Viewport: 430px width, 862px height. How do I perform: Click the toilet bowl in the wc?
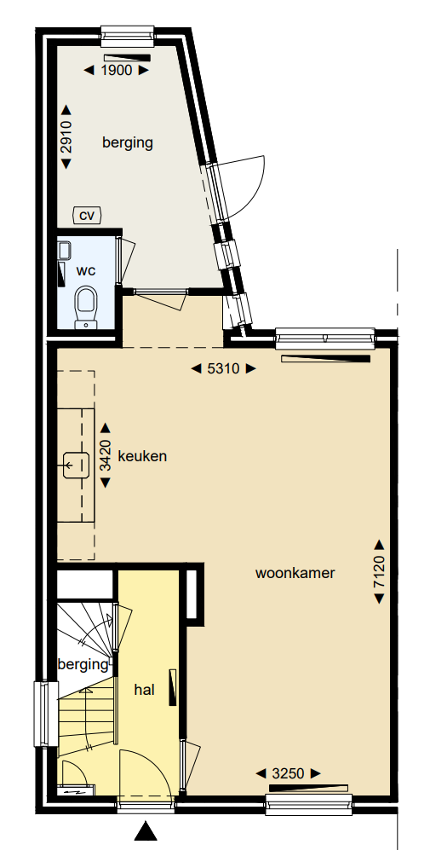click(x=86, y=304)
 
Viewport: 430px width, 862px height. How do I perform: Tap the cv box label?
click(x=86, y=215)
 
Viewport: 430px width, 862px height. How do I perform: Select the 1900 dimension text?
click(x=117, y=71)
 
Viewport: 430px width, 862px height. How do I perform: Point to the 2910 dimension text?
click(x=67, y=136)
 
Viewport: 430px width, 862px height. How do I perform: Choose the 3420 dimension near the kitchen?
click(x=106, y=456)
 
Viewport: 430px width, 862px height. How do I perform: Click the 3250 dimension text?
click(x=289, y=773)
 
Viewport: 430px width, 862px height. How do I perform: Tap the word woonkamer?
click(x=295, y=573)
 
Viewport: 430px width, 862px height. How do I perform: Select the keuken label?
click(x=142, y=456)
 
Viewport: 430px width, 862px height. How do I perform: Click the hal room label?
click(x=144, y=690)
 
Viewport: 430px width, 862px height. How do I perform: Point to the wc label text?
click(x=86, y=270)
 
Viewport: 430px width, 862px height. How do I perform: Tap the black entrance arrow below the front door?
click(x=146, y=831)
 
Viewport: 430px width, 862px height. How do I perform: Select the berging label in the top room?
click(x=128, y=142)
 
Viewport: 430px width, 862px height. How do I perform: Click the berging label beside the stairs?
click(x=83, y=664)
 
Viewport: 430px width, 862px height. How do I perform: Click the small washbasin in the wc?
click(x=64, y=250)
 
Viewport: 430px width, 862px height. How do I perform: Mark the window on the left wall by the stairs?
click(x=41, y=714)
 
